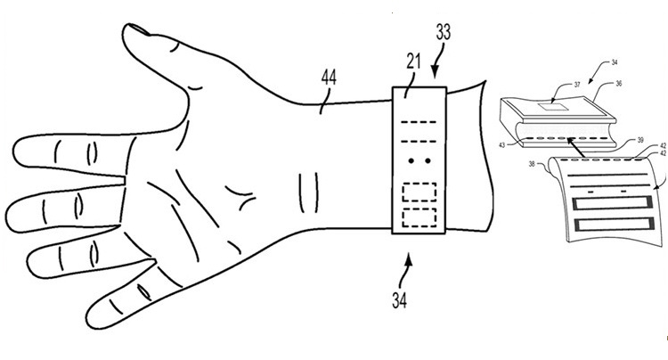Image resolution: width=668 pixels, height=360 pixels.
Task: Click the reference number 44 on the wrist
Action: click(329, 78)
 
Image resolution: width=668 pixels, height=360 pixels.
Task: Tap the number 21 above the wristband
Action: click(412, 62)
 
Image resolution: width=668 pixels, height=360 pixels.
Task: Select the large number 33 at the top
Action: click(443, 32)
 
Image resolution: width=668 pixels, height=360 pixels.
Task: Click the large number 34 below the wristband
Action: click(399, 300)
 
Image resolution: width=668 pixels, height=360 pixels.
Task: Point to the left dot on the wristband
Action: click(411, 161)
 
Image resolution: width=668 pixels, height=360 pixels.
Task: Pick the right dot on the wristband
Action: click(428, 161)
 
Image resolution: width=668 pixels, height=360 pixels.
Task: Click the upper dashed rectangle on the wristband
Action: click(420, 192)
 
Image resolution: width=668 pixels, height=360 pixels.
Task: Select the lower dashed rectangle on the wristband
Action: click(420, 217)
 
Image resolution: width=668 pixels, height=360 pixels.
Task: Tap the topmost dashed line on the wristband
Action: click(419, 122)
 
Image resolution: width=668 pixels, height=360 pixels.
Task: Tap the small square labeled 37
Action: click(551, 108)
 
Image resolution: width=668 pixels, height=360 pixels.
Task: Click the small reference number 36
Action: click(619, 84)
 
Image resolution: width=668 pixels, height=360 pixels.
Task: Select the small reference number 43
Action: click(502, 145)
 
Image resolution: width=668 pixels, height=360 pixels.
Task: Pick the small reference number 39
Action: click(640, 140)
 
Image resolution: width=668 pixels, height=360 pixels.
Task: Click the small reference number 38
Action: click(532, 163)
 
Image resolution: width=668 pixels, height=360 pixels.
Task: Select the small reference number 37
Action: click(577, 85)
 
